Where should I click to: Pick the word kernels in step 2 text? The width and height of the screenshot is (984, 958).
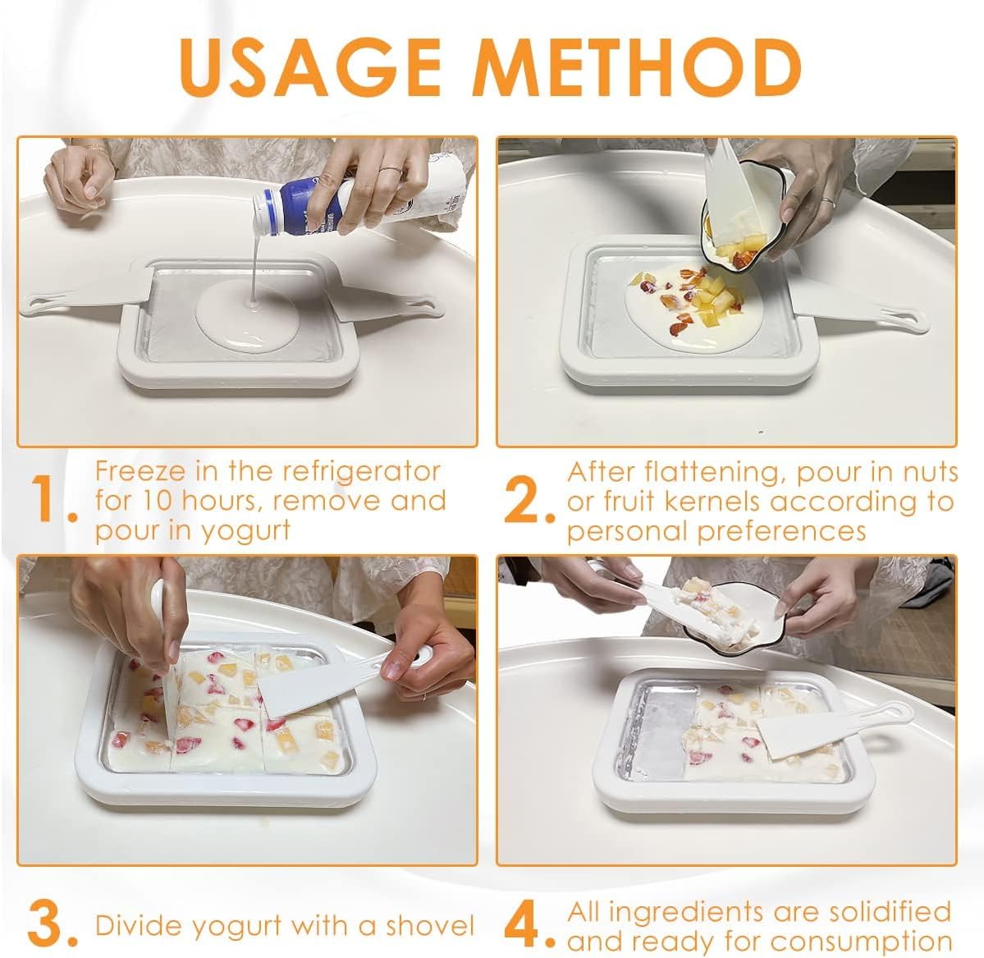click(821, 502)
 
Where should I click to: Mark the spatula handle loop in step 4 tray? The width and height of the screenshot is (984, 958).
click(890, 711)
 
